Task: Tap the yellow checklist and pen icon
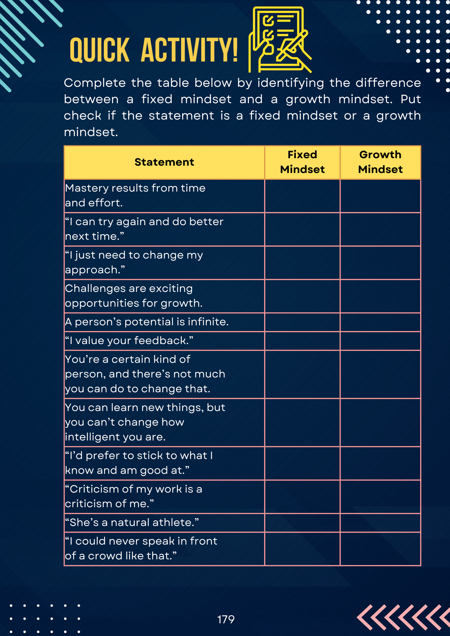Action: pyautogui.click(x=280, y=39)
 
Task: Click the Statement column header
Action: pyautogui.click(x=164, y=162)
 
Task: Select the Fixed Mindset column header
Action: pyautogui.click(x=302, y=162)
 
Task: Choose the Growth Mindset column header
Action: pyautogui.click(x=380, y=162)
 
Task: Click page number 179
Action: pyautogui.click(x=226, y=619)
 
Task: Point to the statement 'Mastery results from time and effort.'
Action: pyautogui.click(x=135, y=195)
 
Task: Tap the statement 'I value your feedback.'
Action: pyautogui.click(x=129, y=341)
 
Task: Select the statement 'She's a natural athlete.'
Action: pyautogui.click(x=132, y=522)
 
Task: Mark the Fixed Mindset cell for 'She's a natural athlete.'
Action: pyautogui.click(x=302, y=523)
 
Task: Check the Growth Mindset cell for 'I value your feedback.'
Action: pyautogui.click(x=380, y=341)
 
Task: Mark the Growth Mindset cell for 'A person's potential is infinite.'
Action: pyautogui.click(x=380, y=322)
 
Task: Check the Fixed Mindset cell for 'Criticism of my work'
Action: pyautogui.click(x=302, y=497)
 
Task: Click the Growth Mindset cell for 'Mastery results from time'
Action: pyautogui.click(x=380, y=196)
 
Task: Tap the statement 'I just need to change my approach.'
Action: pyautogui.click(x=134, y=262)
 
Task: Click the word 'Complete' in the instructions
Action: pyautogui.click(x=95, y=83)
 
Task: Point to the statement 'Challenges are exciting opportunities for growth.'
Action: pyautogui.click(x=134, y=296)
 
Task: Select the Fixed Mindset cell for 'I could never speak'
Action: pyautogui.click(x=302, y=549)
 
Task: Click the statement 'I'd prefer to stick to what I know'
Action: pyautogui.click(x=139, y=463)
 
